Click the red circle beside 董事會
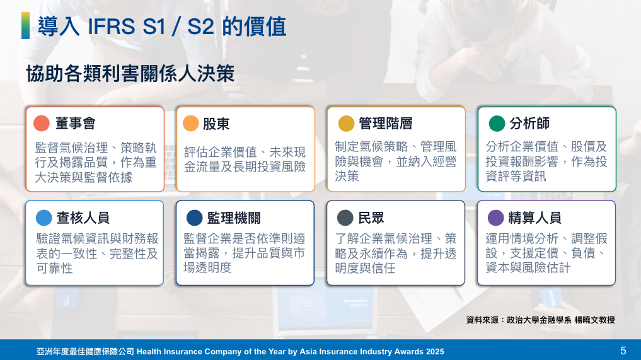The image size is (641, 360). [42, 123]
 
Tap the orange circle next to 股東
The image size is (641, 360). [190, 123]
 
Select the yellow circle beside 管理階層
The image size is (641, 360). [346, 123]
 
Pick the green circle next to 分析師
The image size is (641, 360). [497, 123]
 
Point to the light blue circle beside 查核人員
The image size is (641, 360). [43, 218]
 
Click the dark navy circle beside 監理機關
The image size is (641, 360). [194, 218]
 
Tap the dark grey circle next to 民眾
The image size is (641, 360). [345, 218]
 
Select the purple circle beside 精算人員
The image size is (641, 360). [496, 218]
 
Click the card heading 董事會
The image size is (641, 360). [76, 123]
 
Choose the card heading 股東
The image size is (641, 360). [216, 124]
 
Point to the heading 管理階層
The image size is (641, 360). [386, 123]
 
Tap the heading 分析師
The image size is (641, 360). [529, 123]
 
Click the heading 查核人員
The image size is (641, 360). [83, 218]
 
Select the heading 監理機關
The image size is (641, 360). [234, 218]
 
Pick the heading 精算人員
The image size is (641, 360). [534, 218]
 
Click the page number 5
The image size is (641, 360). [623, 351]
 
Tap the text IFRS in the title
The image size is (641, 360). [111, 26]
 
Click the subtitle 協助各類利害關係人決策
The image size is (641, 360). [130, 74]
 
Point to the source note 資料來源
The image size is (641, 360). [482, 320]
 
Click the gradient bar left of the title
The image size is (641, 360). [25, 25]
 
